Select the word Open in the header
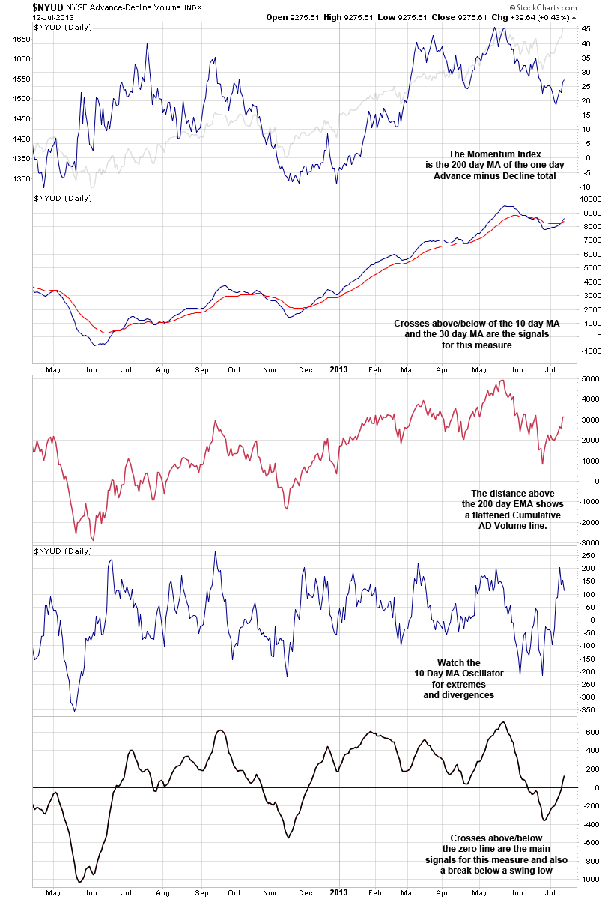277,16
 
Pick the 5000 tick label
590,379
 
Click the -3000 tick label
590,542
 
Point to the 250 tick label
588,555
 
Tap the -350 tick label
588,709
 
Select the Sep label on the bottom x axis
202,893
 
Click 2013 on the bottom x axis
339,893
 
